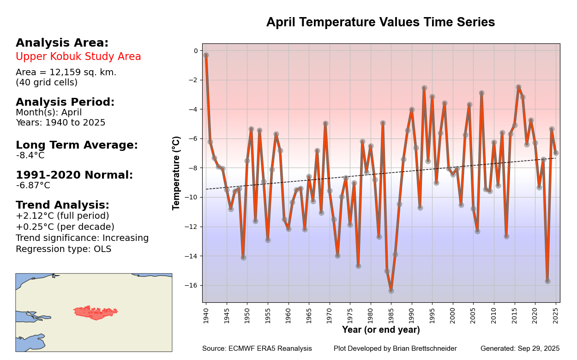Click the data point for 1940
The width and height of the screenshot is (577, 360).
[206, 55]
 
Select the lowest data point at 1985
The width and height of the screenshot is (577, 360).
[391, 291]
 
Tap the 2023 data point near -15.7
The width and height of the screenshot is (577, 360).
[547, 281]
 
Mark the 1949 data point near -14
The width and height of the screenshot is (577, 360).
[243, 258]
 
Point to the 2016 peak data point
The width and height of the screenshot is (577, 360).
[518, 87]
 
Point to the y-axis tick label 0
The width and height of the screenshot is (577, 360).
[195, 51]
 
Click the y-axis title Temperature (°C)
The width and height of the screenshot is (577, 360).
[176, 173]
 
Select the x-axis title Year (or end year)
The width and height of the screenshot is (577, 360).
[381, 330]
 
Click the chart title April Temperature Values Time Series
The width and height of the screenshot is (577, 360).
[380, 22]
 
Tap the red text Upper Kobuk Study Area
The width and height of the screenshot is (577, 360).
[78, 57]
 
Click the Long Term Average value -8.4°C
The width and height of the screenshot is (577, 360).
[30, 156]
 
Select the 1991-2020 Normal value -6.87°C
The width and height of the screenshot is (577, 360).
[33, 186]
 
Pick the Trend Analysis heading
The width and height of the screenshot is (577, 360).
[62, 205]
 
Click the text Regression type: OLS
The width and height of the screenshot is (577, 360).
[63, 249]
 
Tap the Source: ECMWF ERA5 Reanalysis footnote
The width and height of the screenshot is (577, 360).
[257, 348]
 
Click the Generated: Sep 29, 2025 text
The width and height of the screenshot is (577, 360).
[520, 348]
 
